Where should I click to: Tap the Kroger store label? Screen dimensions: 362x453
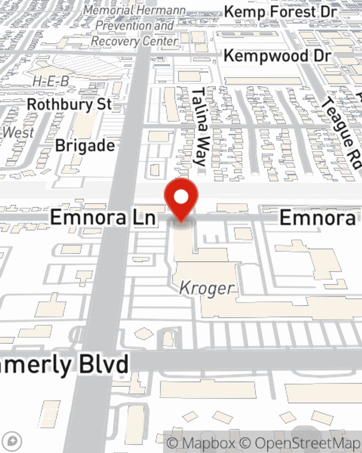point(207,288)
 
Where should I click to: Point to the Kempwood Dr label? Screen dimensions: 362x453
point(277,56)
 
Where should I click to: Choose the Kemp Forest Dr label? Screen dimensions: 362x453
point(280,12)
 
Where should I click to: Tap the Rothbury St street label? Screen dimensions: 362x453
point(69,105)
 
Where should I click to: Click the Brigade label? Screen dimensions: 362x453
point(85,146)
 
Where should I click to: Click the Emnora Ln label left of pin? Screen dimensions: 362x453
point(103,217)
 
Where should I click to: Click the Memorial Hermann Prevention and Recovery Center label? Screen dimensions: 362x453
point(135,26)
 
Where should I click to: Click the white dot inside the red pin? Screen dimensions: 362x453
point(181,197)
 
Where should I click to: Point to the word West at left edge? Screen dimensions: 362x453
point(18,133)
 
